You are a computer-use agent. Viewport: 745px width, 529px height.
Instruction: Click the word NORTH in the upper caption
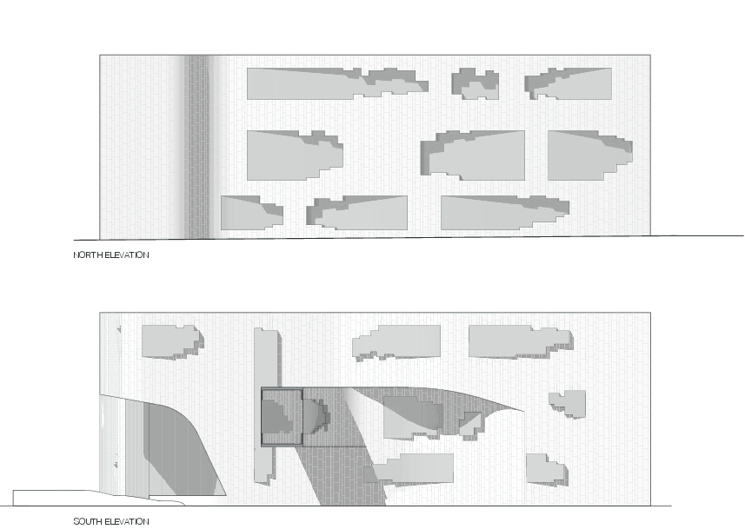tap(88, 255)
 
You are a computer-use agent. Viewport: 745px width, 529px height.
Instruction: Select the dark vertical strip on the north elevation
tap(196, 147)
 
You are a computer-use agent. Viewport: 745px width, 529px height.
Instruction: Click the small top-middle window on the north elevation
tap(475, 83)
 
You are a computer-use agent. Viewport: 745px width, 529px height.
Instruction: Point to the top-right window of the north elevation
tap(569, 83)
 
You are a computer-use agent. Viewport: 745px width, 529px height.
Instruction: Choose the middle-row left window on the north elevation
tap(295, 155)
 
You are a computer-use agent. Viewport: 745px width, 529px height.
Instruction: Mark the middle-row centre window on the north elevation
tap(473, 155)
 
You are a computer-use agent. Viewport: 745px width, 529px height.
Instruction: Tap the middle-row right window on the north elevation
tap(589, 155)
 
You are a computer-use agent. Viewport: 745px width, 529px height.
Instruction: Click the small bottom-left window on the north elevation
tap(252, 213)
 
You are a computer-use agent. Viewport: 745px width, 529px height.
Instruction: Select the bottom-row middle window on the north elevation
tap(356, 213)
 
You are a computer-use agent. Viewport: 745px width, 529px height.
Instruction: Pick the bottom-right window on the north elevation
tap(505, 213)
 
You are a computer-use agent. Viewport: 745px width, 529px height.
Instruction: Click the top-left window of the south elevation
tap(173, 342)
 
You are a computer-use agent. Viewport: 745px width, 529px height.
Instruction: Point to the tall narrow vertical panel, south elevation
tap(266, 406)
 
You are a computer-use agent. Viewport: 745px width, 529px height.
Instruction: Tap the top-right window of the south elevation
tap(521, 342)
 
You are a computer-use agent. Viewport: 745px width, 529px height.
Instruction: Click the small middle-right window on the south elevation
tap(568, 404)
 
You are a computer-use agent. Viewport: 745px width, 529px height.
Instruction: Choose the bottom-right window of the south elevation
tap(547, 470)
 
